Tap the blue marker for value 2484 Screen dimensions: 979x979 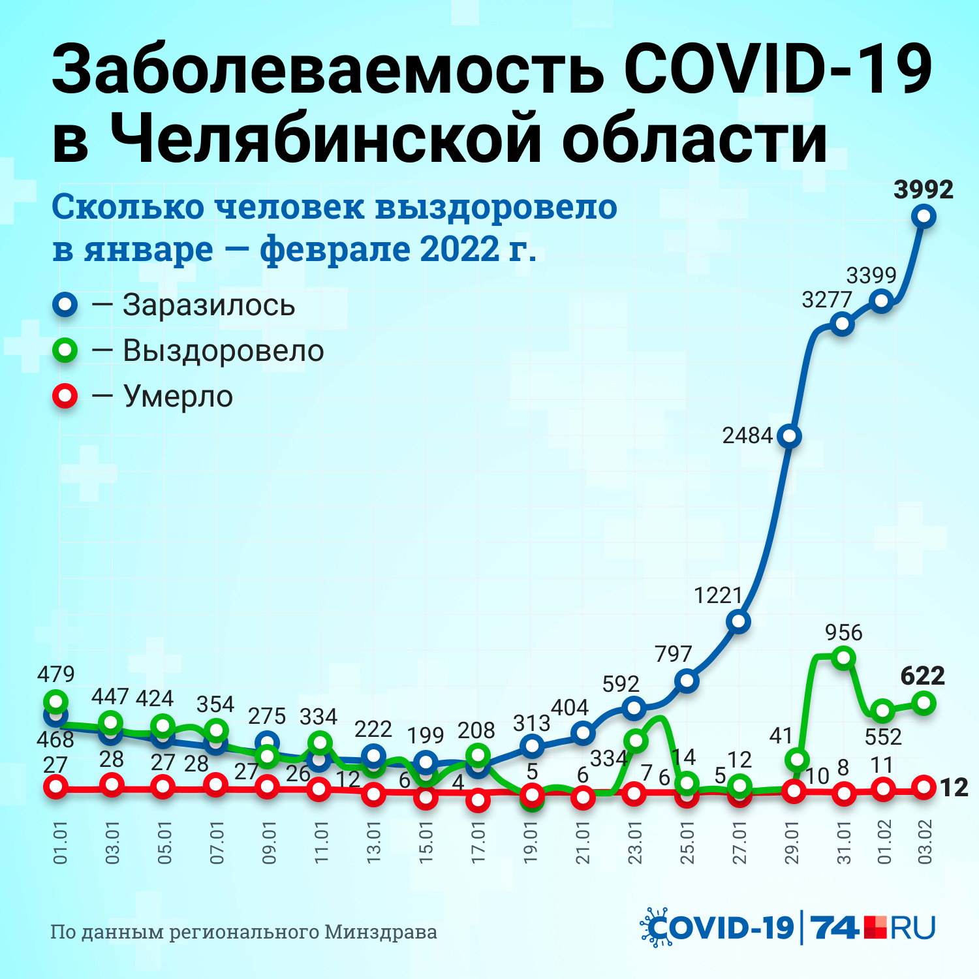(x=790, y=436)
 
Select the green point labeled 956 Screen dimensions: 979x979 (x=844, y=657)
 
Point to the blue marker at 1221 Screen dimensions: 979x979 (x=738, y=621)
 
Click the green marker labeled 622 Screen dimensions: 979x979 (x=924, y=703)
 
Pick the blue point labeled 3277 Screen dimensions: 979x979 (x=843, y=324)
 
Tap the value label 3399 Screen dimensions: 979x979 (x=871, y=275)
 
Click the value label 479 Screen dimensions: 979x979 (x=56, y=674)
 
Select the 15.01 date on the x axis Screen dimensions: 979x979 (x=426, y=843)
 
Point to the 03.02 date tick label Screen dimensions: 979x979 (x=925, y=843)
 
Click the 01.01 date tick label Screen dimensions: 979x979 (x=60, y=843)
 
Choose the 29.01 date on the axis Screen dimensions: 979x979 (x=792, y=843)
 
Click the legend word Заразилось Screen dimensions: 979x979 (x=209, y=305)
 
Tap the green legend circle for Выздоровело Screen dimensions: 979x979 (x=65, y=350)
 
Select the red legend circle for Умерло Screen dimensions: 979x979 (x=65, y=396)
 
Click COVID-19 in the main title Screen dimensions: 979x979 (x=777, y=69)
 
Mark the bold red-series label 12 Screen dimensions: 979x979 (x=954, y=788)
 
